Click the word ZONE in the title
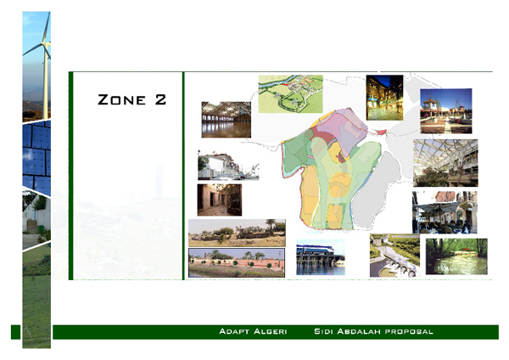coord(120,100)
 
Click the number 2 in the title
coord(160,100)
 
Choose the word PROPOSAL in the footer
coord(411,330)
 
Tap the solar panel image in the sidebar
coord(36,157)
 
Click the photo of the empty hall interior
coord(226,120)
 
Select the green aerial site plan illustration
coord(290,93)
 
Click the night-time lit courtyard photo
coord(384,98)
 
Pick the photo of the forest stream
coord(456,256)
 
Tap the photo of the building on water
coord(320,257)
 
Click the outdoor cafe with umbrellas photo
coord(445,110)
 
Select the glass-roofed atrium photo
coord(445,163)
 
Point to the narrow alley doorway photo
coord(219,200)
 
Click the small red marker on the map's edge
coord(381,132)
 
